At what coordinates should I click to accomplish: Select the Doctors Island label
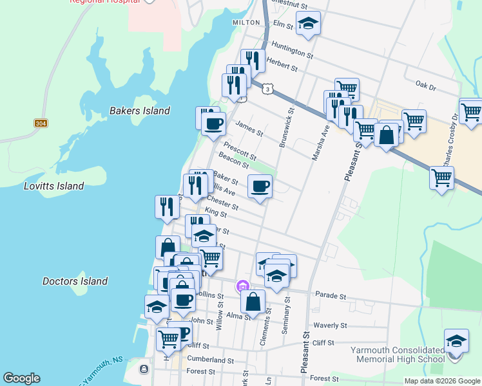point(75,281)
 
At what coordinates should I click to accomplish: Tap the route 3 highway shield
point(266,91)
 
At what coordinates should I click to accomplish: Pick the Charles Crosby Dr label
point(448,138)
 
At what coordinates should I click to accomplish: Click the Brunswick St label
point(287,128)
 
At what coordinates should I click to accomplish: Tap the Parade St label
point(331,297)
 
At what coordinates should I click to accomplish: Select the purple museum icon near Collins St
point(242,286)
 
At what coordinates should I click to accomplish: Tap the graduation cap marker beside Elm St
point(309,24)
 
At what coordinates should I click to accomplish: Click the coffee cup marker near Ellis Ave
point(260,187)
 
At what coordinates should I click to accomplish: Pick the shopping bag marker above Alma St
point(253,301)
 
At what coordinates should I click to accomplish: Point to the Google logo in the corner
point(21,378)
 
